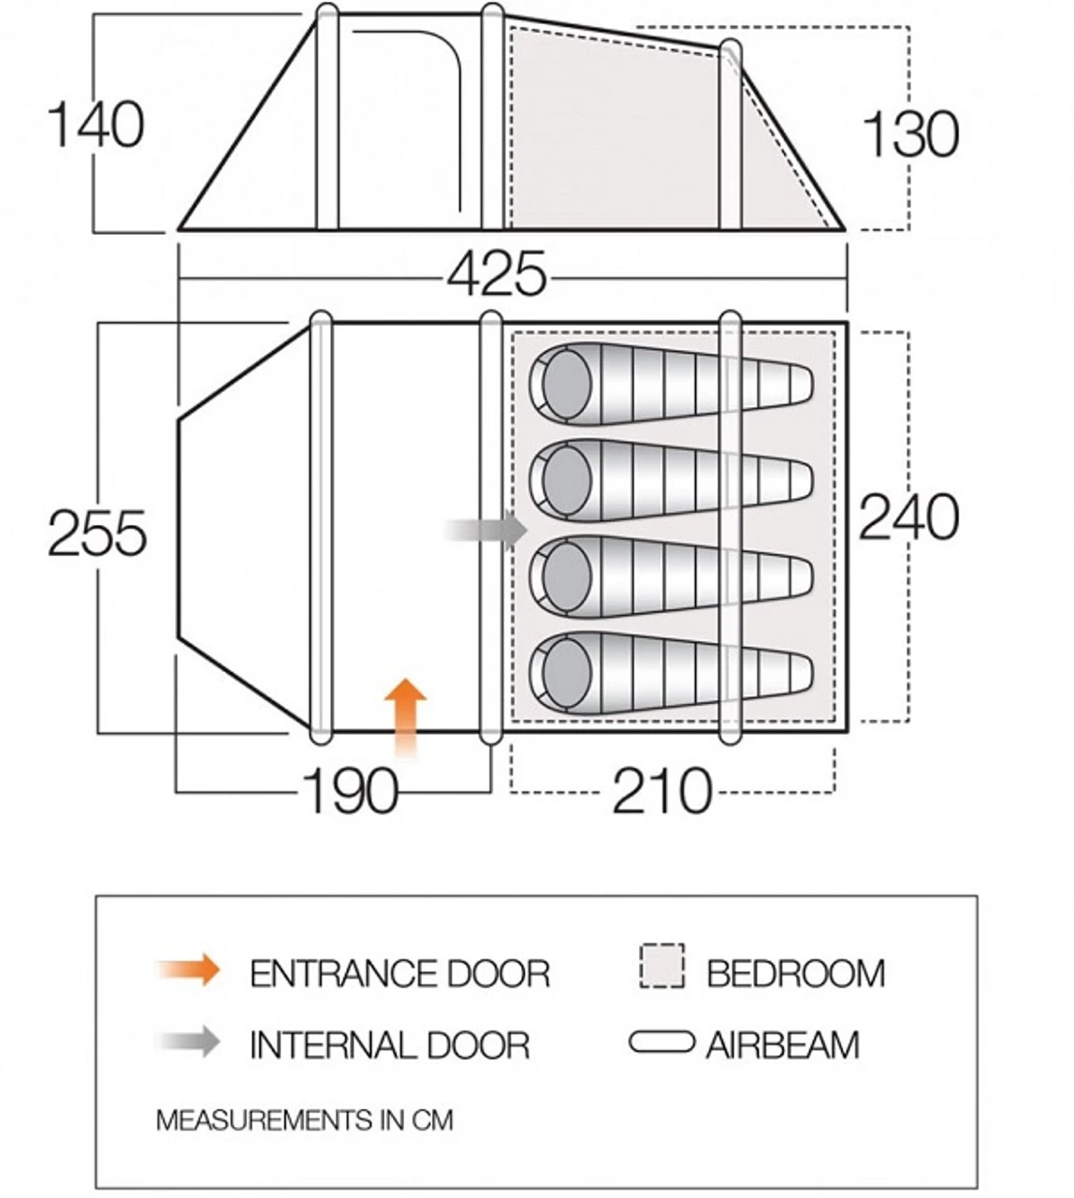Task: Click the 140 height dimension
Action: click(95, 125)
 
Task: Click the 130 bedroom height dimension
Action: click(910, 135)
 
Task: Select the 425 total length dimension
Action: click(497, 274)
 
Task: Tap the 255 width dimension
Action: click(97, 533)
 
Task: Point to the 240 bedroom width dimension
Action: click(907, 517)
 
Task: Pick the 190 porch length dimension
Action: click(351, 790)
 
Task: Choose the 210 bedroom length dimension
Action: click(662, 790)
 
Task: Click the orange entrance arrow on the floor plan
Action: click(405, 717)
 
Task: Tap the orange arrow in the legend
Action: click(189, 970)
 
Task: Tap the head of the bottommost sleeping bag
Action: click(566, 672)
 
